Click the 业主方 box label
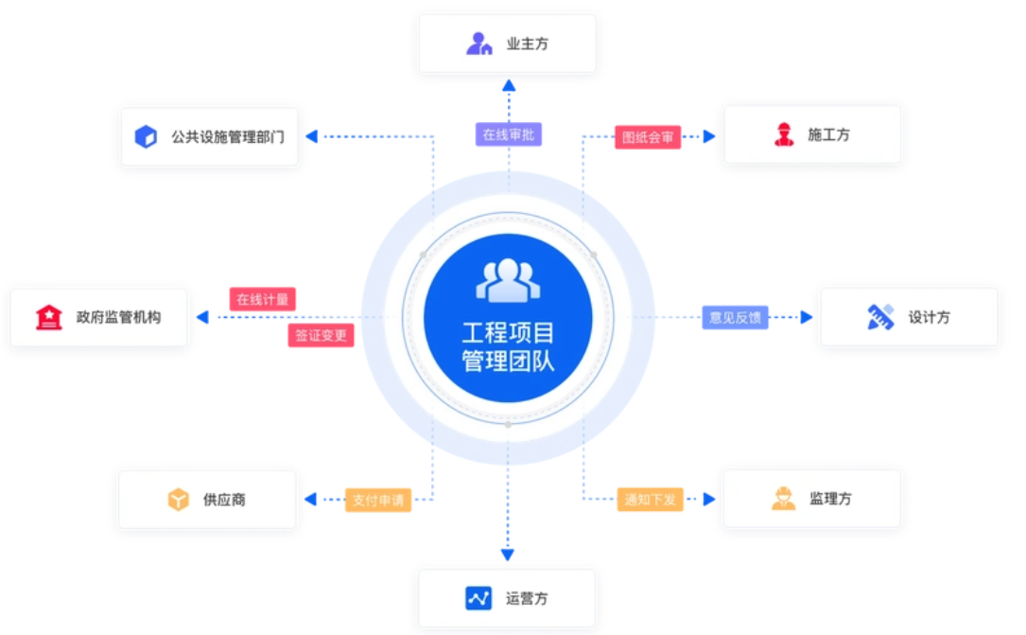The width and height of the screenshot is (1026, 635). coord(527,44)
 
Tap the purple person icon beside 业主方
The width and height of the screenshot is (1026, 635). coord(479,44)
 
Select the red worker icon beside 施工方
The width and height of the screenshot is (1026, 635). coord(784,135)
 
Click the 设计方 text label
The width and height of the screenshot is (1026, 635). coord(929,318)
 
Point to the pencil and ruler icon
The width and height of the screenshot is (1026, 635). coord(880,317)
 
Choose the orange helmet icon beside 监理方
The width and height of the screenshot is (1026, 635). coord(783,499)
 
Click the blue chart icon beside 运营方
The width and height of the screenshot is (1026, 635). coord(478,598)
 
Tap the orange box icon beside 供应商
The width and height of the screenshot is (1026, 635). coord(179,500)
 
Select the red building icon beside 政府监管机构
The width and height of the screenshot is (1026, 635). coord(49,317)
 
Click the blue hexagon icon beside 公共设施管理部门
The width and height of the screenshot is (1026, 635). coord(146,136)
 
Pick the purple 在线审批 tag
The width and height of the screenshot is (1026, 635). coord(508,134)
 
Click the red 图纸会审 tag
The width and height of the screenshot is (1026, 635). coord(648,137)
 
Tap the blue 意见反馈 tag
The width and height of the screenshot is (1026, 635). coord(735,317)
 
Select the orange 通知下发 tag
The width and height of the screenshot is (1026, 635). coord(650,499)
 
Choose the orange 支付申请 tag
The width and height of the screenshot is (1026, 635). coord(377,500)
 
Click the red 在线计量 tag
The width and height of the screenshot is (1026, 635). coord(262,299)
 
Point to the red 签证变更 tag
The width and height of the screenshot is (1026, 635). coord(321,335)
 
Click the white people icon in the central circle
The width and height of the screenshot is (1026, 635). coord(508,280)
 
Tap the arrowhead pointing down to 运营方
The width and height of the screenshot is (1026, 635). coord(508,555)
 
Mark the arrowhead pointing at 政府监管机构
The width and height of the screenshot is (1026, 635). coord(202,317)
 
